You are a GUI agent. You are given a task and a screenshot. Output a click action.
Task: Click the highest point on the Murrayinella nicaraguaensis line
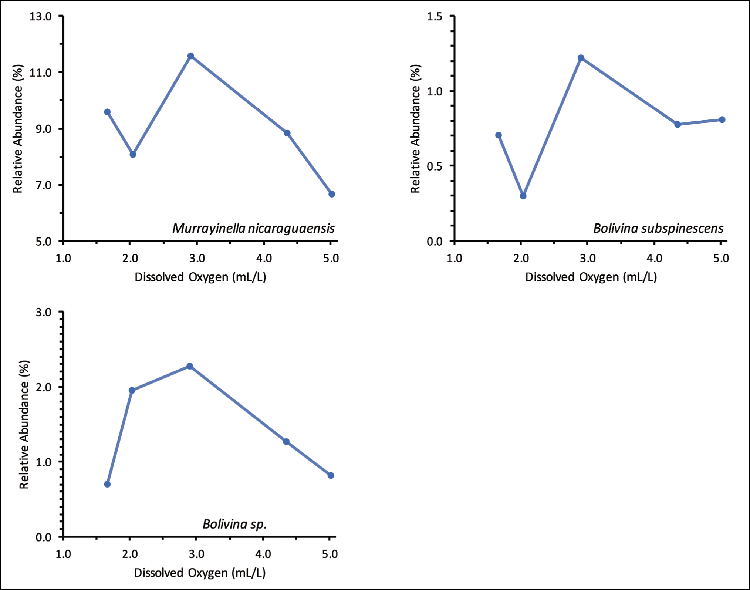(x=191, y=56)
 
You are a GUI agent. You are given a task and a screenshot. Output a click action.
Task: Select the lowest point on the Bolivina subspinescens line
(x=523, y=196)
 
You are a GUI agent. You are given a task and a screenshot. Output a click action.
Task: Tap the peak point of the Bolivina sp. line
(x=190, y=366)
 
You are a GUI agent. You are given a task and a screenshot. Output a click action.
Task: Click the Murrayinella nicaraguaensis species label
(x=253, y=228)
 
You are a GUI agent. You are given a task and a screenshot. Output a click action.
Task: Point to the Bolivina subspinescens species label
(x=658, y=228)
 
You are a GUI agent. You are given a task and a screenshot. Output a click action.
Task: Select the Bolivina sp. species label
(x=234, y=524)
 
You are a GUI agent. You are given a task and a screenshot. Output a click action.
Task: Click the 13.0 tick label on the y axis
(x=41, y=16)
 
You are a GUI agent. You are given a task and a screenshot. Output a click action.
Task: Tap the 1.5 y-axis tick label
(x=435, y=16)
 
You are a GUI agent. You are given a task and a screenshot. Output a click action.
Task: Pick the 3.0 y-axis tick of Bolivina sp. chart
(x=43, y=312)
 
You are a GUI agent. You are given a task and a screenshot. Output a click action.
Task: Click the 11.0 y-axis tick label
(x=41, y=73)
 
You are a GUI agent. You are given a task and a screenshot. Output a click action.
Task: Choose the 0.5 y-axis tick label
(x=435, y=166)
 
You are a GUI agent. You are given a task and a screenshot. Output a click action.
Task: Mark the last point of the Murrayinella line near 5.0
(x=332, y=194)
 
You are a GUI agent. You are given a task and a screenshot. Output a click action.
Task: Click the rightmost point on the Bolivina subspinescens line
(x=722, y=119)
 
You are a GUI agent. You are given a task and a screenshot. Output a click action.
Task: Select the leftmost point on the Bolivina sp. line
(x=107, y=484)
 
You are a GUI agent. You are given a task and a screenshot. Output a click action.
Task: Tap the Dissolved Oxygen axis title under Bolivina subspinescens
(x=591, y=277)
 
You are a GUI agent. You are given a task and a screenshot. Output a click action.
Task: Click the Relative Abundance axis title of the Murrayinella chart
(x=18, y=129)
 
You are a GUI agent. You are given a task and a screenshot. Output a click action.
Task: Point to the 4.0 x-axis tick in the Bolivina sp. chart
(x=263, y=554)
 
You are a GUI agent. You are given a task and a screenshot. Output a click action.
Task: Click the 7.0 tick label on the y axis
(x=43, y=185)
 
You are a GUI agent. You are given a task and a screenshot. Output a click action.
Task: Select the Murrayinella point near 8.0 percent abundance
(x=133, y=154)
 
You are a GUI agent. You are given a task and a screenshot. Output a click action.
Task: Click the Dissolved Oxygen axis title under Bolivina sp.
(x=200, y=573)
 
